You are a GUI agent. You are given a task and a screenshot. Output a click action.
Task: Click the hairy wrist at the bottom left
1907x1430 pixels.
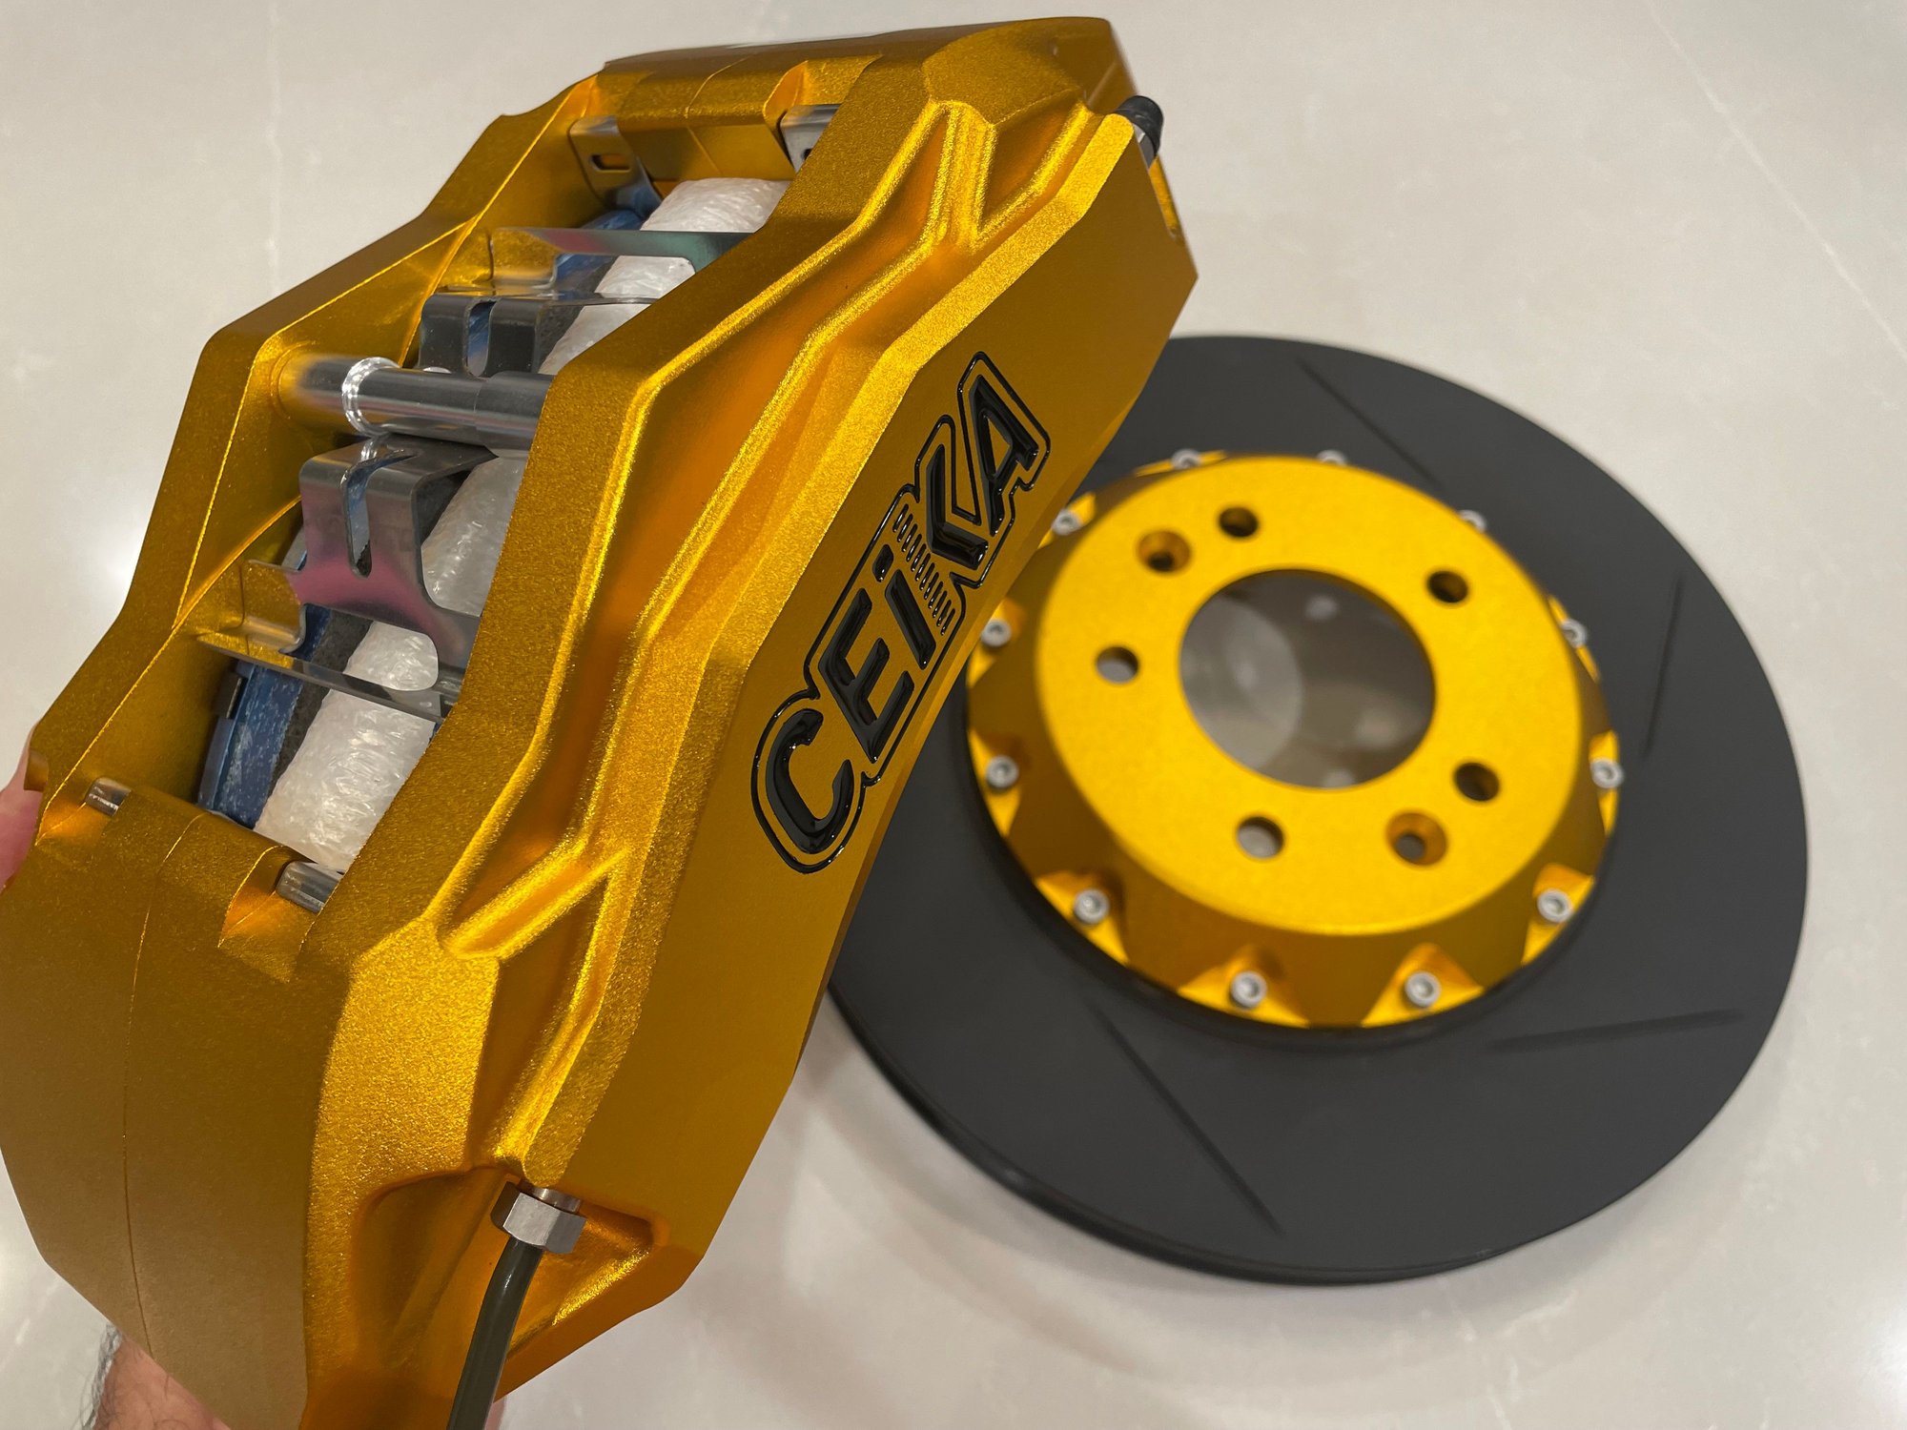(x=105, y=1373)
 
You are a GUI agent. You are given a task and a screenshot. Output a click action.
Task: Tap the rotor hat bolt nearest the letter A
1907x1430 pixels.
(x=1063, y=521)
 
